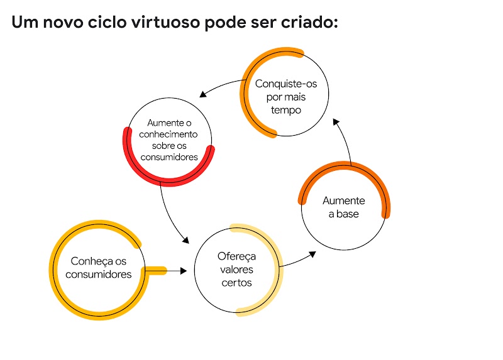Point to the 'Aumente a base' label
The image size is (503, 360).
pyautogui.click(x=343, y=207)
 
